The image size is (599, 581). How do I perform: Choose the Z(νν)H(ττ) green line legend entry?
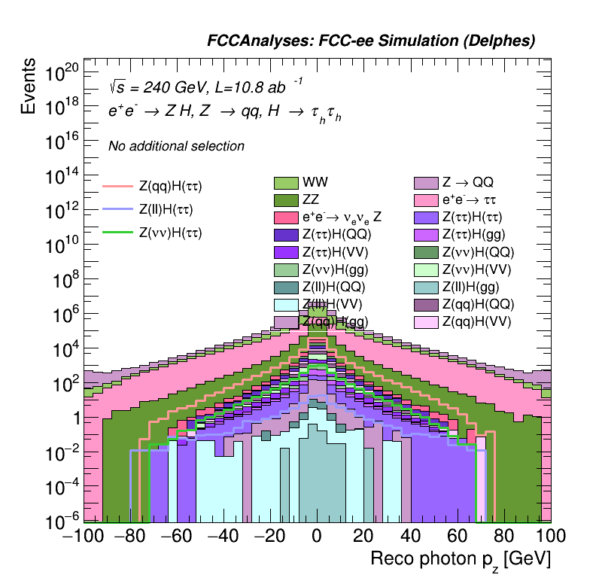(x=171, y=233)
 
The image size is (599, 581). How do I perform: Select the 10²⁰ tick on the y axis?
(x=61, y=74)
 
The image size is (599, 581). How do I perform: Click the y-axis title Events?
(x=29, y=86)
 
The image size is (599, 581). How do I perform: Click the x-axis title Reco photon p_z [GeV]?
(x=461, y=559)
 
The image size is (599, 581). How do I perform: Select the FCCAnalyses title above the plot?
(x=371, y=41)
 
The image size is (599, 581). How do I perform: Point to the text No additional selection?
(x=176, y=146)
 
